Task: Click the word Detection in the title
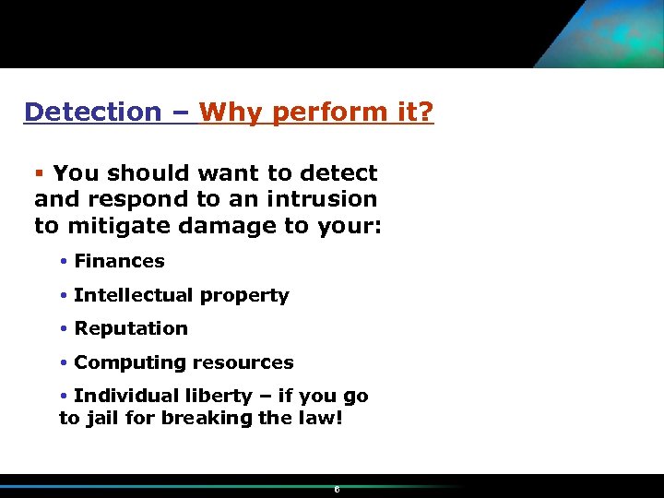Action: click(x=92, y=113)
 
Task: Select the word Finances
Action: click(x=119, y=261)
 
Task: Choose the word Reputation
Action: click(x=131, y=328)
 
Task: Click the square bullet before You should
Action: click(x=40, y=173)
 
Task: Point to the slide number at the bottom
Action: click(x=337, y=489)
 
